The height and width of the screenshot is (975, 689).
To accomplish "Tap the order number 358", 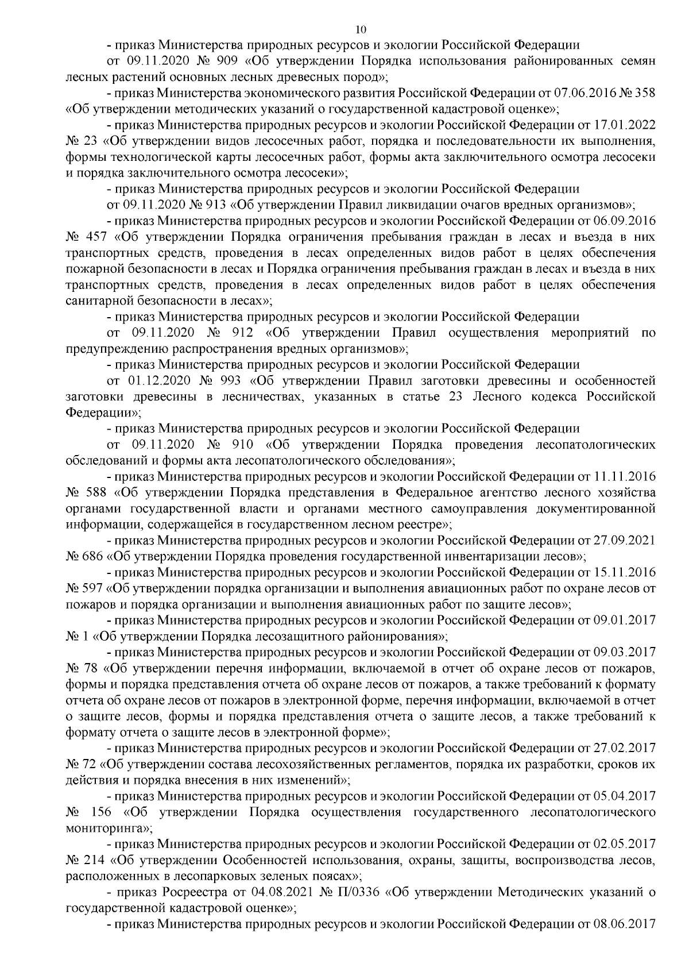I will (645, 93).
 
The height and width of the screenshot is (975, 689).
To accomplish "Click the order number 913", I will (220, 204).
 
